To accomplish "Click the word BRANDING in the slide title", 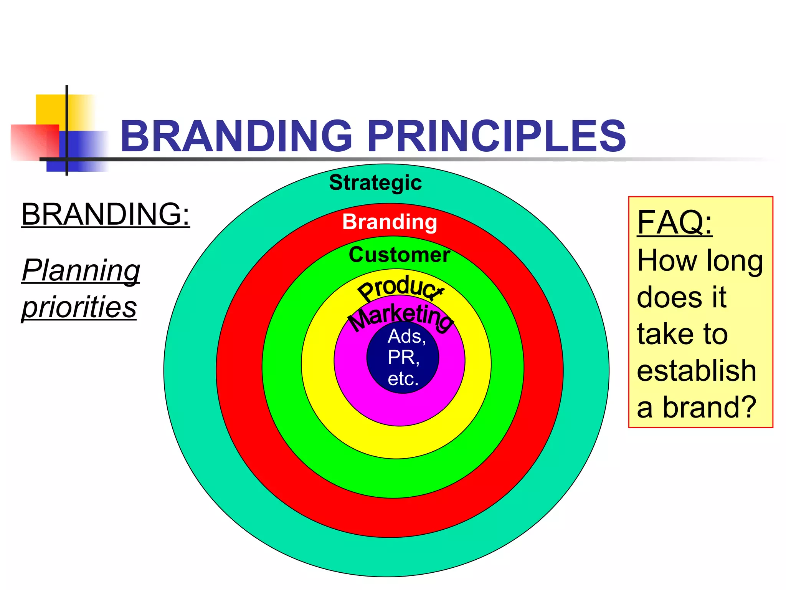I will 236,136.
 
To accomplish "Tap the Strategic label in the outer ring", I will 375,182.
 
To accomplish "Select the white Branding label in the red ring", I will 390,222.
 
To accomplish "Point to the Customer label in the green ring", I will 399,255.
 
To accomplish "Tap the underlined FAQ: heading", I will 674,222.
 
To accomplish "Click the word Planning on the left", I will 81,270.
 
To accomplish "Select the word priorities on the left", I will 79,307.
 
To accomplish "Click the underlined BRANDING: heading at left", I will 106,214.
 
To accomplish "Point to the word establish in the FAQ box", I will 696,371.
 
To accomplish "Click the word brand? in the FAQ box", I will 709,407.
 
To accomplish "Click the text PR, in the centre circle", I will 403,358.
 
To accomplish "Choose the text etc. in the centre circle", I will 403,379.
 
